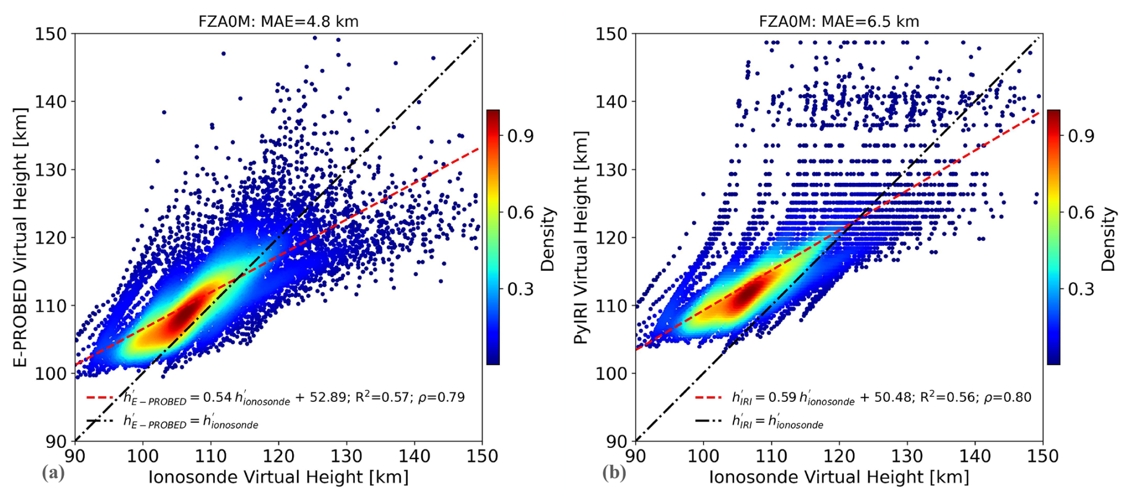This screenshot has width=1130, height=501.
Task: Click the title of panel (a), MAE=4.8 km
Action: point(278,22)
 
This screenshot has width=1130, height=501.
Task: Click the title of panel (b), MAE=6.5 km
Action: point(839,22)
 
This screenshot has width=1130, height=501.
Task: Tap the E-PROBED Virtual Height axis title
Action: point(21,237)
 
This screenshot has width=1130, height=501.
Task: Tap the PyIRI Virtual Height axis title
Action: point(581,237)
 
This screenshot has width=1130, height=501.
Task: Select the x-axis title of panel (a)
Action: point(278,477)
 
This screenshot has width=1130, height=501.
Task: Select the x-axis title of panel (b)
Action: point(839,477)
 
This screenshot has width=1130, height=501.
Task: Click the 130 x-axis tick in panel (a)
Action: point(346,456)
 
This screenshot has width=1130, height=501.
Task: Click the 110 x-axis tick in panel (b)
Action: point(771,456)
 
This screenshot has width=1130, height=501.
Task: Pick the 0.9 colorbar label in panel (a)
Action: point(520,136)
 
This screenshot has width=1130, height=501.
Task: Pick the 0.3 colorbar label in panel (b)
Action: point(1081,289)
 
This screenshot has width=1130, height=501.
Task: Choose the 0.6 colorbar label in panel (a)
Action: point(520,213)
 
